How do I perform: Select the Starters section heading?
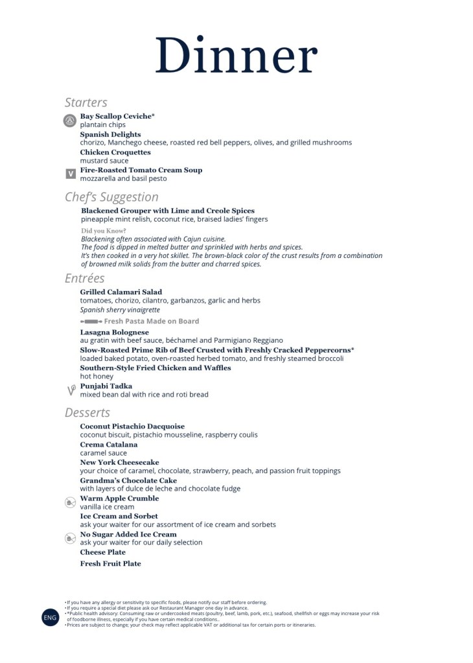coord(86,102)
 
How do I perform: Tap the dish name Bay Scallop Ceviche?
coord(117,116)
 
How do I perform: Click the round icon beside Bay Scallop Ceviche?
coord(70,121)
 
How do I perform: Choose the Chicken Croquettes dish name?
coord(115,152)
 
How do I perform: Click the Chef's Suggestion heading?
coord(111,197)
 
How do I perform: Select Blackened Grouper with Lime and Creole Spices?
coord(168,211)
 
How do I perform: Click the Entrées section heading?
coord(84,278)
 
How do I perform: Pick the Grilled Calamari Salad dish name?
coord(121,292)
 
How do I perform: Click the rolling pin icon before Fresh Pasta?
coord(91,321)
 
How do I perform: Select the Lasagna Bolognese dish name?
coord(114,332)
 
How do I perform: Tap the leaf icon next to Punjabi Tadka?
coord(71,390)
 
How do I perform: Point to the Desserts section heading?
coord(87,413)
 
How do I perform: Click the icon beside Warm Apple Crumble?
coord(71,502)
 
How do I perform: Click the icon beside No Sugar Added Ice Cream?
coord(71,538)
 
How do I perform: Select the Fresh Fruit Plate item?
coord(110,564)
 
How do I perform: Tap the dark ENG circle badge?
coord(51,618)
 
